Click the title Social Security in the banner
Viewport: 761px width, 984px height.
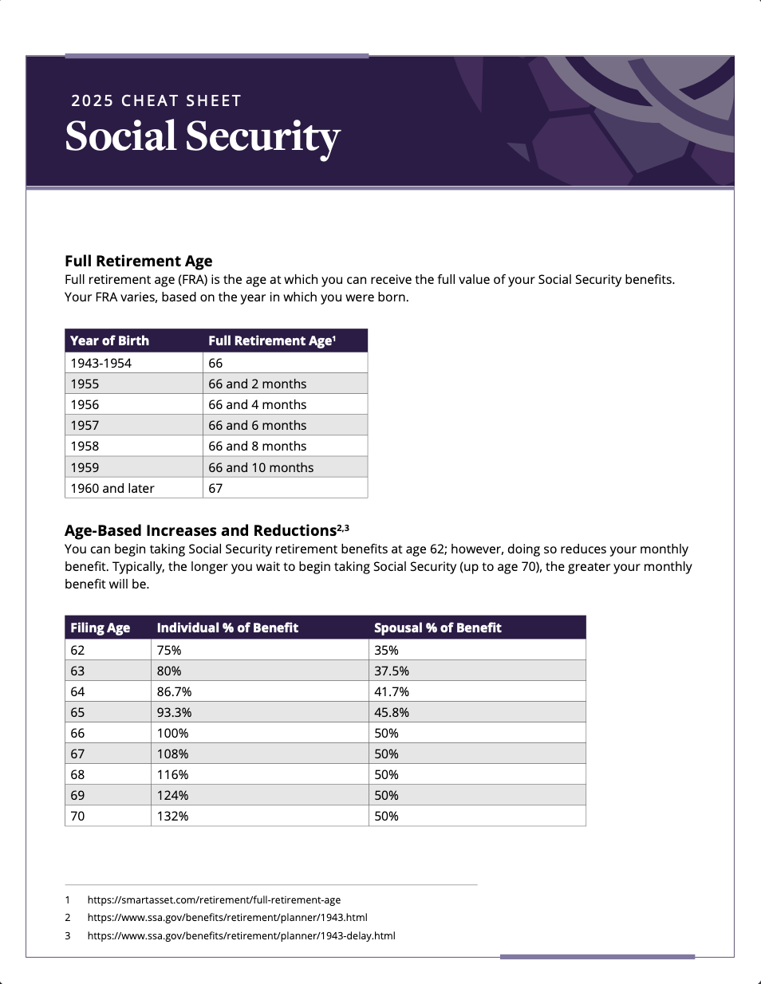click(203, 136)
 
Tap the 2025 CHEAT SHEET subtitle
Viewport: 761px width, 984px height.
click(156, 101)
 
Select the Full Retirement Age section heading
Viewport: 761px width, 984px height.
click(138, 261)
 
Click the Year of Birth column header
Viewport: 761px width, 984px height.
click(109, 340)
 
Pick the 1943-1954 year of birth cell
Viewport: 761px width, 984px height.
click(101, 363)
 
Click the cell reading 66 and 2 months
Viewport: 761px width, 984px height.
click(257, 384)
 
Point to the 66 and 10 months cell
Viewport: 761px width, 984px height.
click(261, 467)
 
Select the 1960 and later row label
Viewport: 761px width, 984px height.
click(112, 488)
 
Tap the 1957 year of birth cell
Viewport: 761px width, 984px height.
click(85, 425)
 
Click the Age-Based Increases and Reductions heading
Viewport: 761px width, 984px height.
click(200, 530)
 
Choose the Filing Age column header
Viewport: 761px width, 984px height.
click(100, 628)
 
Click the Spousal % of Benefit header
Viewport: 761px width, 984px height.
click(437, 628)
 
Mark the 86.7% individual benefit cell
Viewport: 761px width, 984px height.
click(174, 691)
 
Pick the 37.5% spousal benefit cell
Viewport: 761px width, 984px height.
click(392, 671)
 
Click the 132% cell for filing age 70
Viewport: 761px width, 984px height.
click(172, 816)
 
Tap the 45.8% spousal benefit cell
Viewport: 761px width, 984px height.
click(392, 712)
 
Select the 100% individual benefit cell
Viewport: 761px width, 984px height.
click(172, 733)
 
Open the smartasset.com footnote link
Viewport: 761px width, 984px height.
click(214, 899)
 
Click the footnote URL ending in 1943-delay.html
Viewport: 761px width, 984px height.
click(241, 935)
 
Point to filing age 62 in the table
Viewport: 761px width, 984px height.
click(77, 650)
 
